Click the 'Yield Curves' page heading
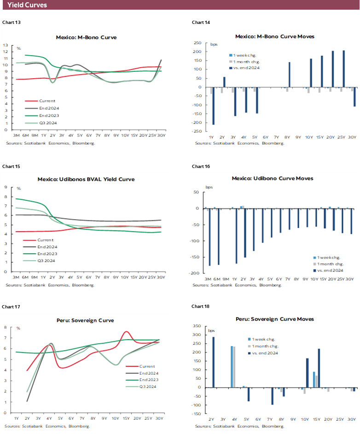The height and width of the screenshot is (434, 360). click(x=27, y=5)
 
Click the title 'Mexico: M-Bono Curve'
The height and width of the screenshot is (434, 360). click(x=86, y=37)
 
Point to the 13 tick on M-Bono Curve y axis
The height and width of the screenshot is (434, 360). click(x=6, y=45)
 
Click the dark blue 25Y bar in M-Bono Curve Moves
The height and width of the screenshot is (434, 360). click(x=343, y=69)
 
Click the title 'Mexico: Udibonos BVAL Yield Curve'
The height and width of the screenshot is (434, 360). click(x=86, y=179)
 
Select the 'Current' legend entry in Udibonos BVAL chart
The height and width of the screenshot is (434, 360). click(x=45, y=240)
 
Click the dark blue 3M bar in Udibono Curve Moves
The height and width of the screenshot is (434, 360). click(x=210, y=237)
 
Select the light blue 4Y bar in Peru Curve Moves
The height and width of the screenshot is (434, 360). click(x=232, y=367)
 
